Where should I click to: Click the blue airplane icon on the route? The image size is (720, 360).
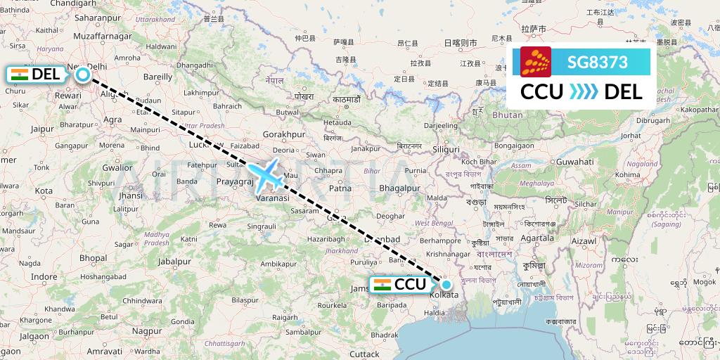(x=265, y=175)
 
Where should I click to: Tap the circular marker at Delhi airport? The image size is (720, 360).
(x=83, y=75)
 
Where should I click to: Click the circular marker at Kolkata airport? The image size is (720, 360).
(x=446, y=285)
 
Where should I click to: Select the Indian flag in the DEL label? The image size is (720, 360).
(x=19, y=75)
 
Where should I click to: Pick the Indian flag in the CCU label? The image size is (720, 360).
(x=382, y=285)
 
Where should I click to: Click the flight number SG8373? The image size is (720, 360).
(x=597, y=62)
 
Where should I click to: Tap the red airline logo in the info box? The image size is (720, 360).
(x=536, y=62)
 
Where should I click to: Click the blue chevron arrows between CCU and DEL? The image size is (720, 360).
(x=583, y=91)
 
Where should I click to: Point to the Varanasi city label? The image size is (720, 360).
(x=271, y=199)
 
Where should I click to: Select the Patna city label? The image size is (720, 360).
(x=340, y=188)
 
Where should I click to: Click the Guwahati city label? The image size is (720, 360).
(x=574, y=162)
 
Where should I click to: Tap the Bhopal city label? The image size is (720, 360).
(x=93, y=258)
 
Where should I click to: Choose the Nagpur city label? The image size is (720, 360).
(x=146, y=330)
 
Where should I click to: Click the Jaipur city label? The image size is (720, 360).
(x=43, y=129)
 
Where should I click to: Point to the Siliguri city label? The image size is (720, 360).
(x=446, y=150)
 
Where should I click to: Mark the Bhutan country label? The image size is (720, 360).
(x=508, y=115)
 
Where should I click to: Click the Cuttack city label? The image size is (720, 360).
(x=364, y=354)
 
